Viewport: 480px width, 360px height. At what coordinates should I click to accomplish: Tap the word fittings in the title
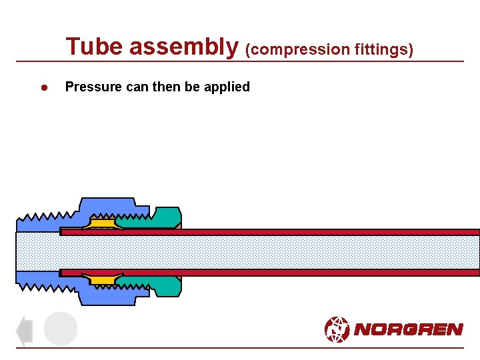(x=383, y=49)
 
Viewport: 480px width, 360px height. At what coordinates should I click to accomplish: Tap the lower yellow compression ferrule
(x=102, y=280)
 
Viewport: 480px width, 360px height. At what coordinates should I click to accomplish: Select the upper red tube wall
(x=300, y=232)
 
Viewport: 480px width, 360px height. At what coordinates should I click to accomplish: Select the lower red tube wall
(x=300, y=272)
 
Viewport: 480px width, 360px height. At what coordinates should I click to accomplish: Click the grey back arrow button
(x=24, y=330)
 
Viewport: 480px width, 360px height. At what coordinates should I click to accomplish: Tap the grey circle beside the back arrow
(x=61, y=329)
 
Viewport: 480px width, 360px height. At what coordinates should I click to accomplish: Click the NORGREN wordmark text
(x=408, y=329)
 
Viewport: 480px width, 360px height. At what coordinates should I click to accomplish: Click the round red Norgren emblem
(x=337, y=329)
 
